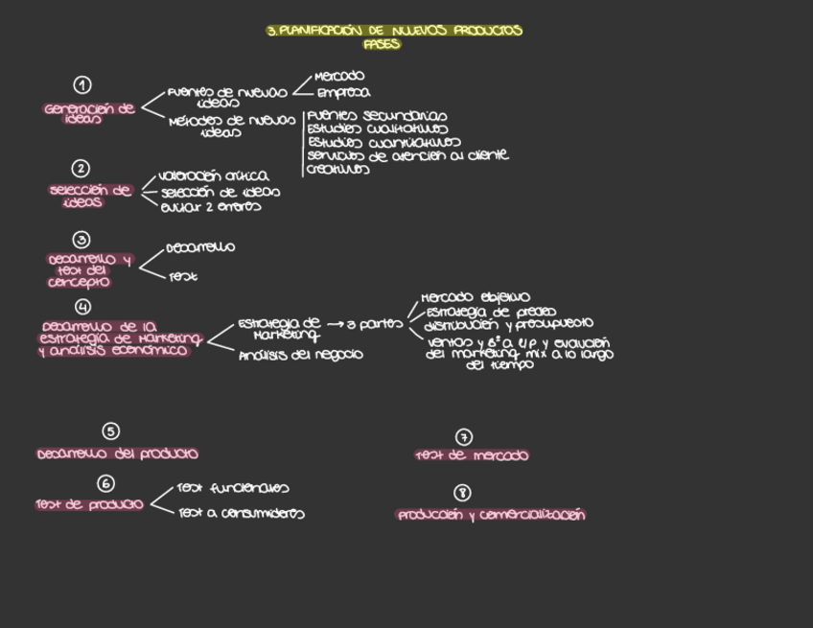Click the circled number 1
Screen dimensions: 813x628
[83, 85]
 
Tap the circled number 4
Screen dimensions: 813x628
[83, 307]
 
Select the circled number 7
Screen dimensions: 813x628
[464, 437]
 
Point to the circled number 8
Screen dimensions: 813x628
[463, 493]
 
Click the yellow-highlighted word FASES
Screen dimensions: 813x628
[382, 44]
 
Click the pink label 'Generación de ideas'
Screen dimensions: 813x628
[90, 113]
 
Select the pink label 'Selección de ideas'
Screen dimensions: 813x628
[90, 196]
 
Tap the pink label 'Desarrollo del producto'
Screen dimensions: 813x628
[118, 454]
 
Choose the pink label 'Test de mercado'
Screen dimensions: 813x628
[472, 455]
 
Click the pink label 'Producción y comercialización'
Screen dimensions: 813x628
[491, 515]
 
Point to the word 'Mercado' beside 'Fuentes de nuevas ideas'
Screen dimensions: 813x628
[339, 76]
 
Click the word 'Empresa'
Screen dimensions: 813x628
[343, 94]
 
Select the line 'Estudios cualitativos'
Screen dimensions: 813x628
[378, 128]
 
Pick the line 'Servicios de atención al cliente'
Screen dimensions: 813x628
[407, 155]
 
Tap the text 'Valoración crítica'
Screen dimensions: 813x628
[214, 176]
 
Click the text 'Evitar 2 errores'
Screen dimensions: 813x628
[210, 206]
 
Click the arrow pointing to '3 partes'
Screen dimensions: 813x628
[335, 324]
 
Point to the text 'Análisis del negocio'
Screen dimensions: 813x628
[301, 355]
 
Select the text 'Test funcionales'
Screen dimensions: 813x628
[234, 489]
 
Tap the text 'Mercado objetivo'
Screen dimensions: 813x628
[476, 298]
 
